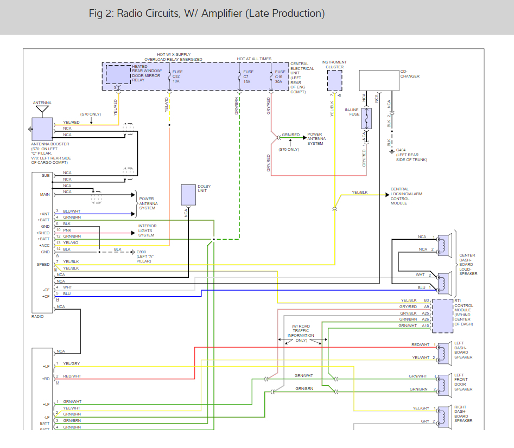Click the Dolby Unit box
188,195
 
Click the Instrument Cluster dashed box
335,81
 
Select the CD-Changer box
379,80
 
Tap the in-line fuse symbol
366,118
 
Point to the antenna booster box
42,130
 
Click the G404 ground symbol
392,152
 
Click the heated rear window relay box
118,74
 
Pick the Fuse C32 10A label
177,76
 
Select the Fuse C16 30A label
280,76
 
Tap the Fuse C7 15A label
248,76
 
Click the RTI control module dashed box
442,316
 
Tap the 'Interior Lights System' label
147,231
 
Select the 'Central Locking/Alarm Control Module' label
406,196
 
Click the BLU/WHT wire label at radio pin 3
72,211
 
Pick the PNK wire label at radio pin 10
67,230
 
